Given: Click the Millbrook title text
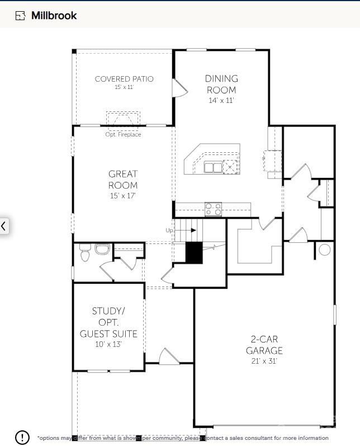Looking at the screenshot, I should pyautogui.click(x=54, y=16).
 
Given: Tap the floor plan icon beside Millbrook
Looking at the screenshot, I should pyautogui.click(x=21, y=16).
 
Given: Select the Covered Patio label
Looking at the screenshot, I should pyautogui.click(x=124, y=79).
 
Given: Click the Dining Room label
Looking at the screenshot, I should pyautogui.click(x=221, y=84).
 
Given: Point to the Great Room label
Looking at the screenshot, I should pyautogui.click(x=123, y=180).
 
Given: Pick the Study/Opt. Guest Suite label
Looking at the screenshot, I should pyautogui.click(x=108, y=322).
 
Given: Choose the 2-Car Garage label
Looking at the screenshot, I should pyautogui.click(x=264, y=345).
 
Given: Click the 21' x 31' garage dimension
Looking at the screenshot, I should pyautogui.click(x=264, y=362).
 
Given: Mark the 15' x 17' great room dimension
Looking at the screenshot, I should pyautogui.click(x=123, y=196).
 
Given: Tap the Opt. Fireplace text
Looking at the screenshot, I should pyautogui.click(x=123, y=135).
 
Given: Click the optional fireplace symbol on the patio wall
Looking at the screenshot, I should pyautogui.click(x=123, y=119).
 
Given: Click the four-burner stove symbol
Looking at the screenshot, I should pyautogui.click(x=213, y=209).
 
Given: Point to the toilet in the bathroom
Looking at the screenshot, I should pyautogui.click(x=85, y=254).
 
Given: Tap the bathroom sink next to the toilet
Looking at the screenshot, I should pyautogui.click(x=102, y=248).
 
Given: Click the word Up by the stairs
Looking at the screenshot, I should pyautogui.click(x=169, y=231).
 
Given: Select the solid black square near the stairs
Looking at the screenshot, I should pyautogui.click(x=193, y=252).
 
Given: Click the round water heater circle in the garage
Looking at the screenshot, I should pyautogui.click(x=325, y=249).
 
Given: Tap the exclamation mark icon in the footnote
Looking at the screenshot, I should pyautogui.click(x=22, y=437).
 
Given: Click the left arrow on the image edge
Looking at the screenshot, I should pyautogui.click(x=4, y=226).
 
